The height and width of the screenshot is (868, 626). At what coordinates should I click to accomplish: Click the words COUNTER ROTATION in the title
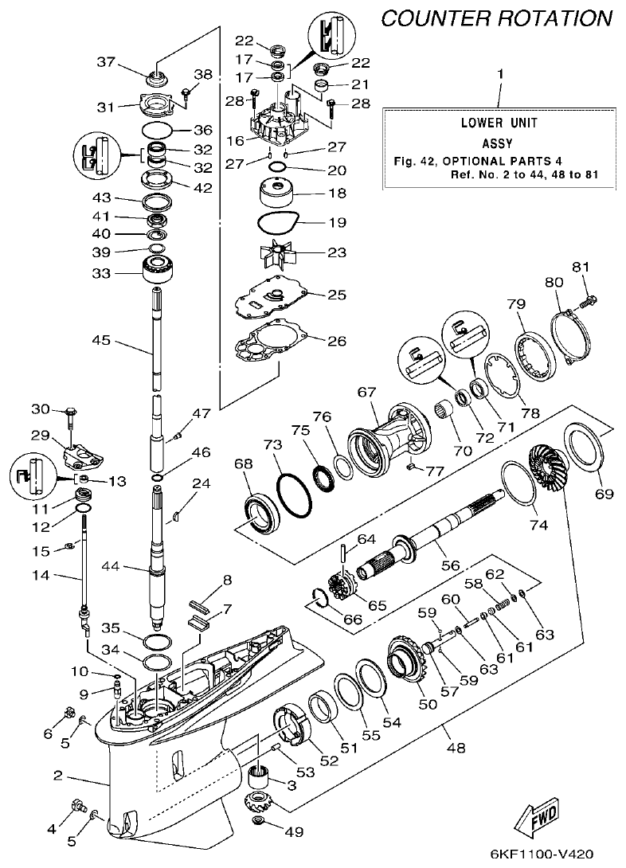[x=498, y=18]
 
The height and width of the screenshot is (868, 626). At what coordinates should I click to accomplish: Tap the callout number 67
[x=366, y=392]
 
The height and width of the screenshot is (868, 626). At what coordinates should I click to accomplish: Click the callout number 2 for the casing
[x=58, y=775]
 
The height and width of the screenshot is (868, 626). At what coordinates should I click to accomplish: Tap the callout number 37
[x=106, y=61]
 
